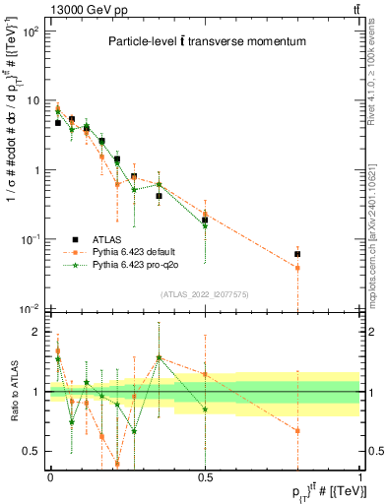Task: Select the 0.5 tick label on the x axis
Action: [x=205, y=477]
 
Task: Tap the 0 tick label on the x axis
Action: [x=50, y=477]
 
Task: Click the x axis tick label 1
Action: [x=359, y=477]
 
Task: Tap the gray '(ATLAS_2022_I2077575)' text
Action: [x=205, y=294]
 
